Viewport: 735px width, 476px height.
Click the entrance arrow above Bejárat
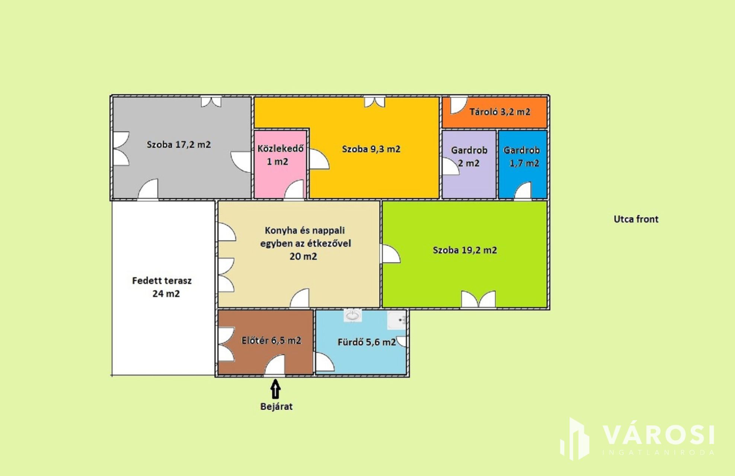pyautogui.click(x=275, y=389)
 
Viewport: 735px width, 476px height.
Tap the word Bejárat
pyautogui.click(x=276, y=406)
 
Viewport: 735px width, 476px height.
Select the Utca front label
pyautogui.click(x=636, y=219)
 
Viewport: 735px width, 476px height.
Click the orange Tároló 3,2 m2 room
pyautogui.click(x=495, y=113)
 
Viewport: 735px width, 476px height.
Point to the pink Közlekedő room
pyautogui.click(x=280, y=164)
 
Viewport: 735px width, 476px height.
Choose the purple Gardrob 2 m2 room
pyautogui.click(x=469, y=164)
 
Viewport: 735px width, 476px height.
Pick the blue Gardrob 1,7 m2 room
pyautogui.click(x=523, y=164)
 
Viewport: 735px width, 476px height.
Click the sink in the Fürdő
pyautogui.click(x=352, y=316)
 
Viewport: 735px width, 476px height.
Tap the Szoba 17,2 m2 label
pyautogui.click(x=179, y=145)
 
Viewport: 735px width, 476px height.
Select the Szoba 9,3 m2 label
pyautogui.click(x=371, y=149)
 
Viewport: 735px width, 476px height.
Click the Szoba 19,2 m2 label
pyautogui.click(x=465, y=250)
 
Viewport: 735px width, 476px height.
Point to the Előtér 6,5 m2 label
pyautogui.click(x=271, y=340)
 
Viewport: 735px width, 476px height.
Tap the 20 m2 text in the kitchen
pyautogui.click(x=303, y=256)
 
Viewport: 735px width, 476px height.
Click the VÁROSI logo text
pyautogui.click(x=658, y=435)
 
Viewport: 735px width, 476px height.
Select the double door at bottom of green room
pyautogui.click(x=479, y=299)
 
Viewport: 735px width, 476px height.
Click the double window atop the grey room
pyautogui.click(x=211, y=102)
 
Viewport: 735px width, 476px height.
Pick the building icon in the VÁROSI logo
pyautogui.click(x=575, y=439)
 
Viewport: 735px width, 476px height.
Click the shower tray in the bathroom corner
pyautogui.click(x=397, y=320)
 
